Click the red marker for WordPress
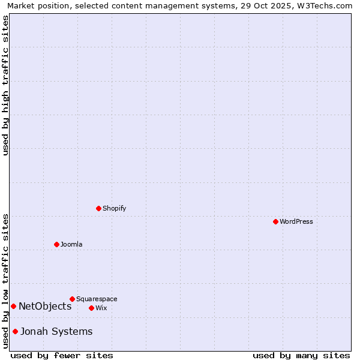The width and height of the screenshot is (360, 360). pyautogui.click(x=275, y=221)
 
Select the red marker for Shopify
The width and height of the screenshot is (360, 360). pyautogui.click(x=98, y=208)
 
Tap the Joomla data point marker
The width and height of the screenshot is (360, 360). pyautogui.click(x=56, y=244)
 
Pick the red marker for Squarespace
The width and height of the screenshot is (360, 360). pyautogui.click(x=72, y=299)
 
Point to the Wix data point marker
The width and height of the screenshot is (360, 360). pyautogui.click(x=91, y=308)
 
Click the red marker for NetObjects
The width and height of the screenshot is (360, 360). pyautogui.click(x=13, y=306)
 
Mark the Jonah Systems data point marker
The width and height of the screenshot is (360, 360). pyautogui.click(x=15, y=331)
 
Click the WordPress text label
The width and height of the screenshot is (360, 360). pyautogui.click(x=296, y=221)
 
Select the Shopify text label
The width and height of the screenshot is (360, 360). pyautogui.click(x=114, y=208)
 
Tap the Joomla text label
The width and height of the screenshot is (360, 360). pyautogui.click(x=71, y=244)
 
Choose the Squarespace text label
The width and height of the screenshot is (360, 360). pyautogui.click(x=97, y=299)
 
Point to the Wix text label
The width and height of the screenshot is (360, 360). pyautogui.click(x=101, y=308)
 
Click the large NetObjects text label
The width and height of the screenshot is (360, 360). pyautogui.click(x=45, y=306)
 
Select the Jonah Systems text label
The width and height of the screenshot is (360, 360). pyautogui.click(x=56, y=331)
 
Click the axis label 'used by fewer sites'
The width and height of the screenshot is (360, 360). pyautogui.click(x=62, y=355)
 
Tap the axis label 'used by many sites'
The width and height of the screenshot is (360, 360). pyautogui.click(x=301, y=355)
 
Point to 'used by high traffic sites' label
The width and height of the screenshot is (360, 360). pyautogui.click(x=5, y=85)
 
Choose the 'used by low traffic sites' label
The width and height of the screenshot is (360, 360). pyautogui.click(x=5, y=281)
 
